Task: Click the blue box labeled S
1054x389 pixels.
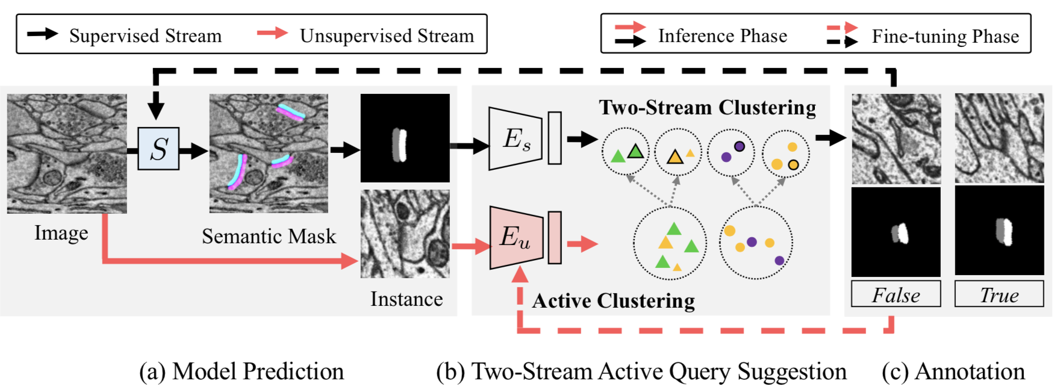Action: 158,149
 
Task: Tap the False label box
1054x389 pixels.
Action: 896,295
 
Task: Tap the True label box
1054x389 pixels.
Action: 999,295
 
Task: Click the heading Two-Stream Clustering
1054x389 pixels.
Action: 707,107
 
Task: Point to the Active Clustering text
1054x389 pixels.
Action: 613,300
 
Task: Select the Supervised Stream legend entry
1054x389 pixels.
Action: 145,36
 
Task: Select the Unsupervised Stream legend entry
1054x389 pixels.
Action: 387,36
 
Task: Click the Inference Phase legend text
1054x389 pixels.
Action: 722,36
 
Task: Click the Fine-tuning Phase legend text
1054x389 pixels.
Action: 945,36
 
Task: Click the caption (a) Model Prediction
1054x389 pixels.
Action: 242,372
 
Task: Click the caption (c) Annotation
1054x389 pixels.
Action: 953,372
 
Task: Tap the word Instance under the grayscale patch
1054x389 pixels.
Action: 407,299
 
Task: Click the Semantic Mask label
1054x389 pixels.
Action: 269,236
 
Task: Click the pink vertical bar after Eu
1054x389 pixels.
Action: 555,237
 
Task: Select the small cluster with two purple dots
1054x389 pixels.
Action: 731,152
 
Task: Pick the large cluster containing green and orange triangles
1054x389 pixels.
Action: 670,243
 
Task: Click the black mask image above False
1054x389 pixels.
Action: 896,232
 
